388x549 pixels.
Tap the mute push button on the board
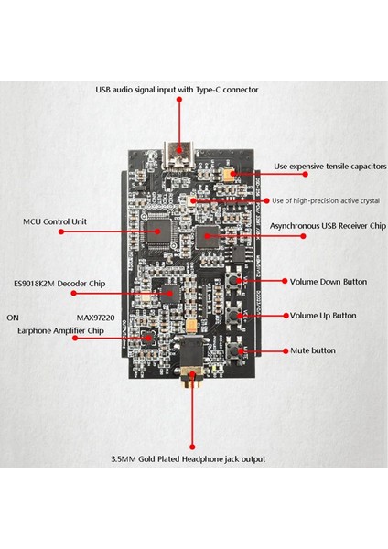point(241,350)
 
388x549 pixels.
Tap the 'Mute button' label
point(312,350)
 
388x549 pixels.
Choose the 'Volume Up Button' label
point(323,316)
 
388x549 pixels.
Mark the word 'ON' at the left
point(13,318)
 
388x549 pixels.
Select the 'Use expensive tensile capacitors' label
point(330,167)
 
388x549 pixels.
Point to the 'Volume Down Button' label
point(329,282)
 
